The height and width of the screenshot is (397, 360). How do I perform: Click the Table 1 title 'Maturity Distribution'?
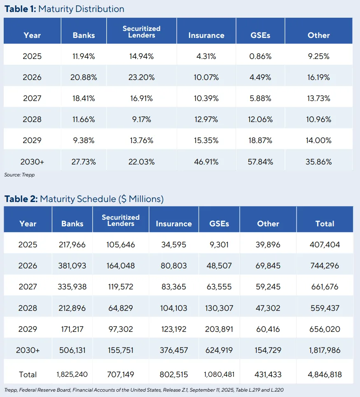pos(81,9)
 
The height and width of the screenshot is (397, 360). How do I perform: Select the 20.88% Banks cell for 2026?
pos(84,77)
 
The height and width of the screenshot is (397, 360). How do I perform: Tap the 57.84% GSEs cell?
pos(260,162)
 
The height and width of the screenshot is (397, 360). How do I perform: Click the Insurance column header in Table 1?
pos(206,35)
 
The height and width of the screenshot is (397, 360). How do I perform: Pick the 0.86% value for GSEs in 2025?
pos(260,56)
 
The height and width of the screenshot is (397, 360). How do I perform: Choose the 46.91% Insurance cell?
pos(206,162)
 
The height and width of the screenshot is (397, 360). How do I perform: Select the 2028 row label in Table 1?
pos(32,120)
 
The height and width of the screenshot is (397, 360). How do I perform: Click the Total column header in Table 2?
pos(325,224)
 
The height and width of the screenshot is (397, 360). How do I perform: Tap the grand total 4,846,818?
pos(325,375)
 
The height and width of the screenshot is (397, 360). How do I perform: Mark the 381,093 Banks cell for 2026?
pos(72,266)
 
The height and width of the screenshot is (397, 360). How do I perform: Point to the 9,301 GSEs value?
pos(218,245)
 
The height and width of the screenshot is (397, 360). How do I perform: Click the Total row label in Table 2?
pos(28,375)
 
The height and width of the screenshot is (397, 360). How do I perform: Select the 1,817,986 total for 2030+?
pos(325,350)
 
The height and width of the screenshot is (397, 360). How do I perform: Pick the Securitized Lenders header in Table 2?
pos(121,220)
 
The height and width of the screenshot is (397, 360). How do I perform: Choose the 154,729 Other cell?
pos(268,350)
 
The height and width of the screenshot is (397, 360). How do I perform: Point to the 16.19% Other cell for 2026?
pos(318,77)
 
